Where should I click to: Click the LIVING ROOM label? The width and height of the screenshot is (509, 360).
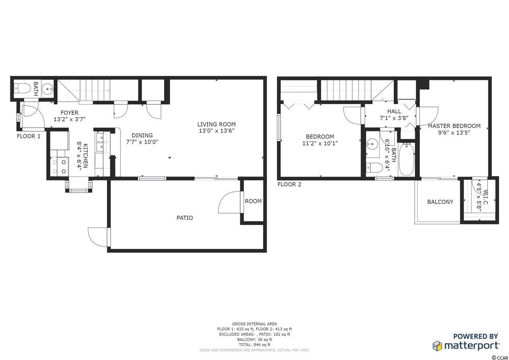click(x=216, y=125)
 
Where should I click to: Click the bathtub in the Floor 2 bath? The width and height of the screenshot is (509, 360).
click(x=406, y=159)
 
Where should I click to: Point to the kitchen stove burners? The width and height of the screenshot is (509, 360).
click(x=59, y=167)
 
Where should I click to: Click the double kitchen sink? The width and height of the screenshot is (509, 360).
click(x=101, y=142)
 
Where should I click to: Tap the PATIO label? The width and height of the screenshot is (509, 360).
click(x=185, y=218)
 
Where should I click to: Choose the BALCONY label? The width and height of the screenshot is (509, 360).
click(x=440, y=202)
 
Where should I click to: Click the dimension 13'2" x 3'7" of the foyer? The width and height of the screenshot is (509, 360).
click(x=70, y=119)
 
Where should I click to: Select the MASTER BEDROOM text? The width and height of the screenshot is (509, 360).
click(x=454, y=126)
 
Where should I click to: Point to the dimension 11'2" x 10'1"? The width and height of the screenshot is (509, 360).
click(x=320, y=144)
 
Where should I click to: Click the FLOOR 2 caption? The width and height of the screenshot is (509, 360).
click(x=289, y=184)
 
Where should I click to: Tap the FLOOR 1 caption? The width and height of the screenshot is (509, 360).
click(x=29, y=136)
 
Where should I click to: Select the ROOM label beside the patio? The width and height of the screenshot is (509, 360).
click(x=253, y=201)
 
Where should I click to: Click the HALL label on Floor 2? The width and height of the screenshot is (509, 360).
click(x=394, y=111)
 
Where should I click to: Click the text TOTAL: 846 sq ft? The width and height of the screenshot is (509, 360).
click(x=254, y=345)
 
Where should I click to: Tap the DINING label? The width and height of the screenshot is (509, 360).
click(x=142, y=136)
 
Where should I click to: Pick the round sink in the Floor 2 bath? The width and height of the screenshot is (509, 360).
click(x=372, y=144)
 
